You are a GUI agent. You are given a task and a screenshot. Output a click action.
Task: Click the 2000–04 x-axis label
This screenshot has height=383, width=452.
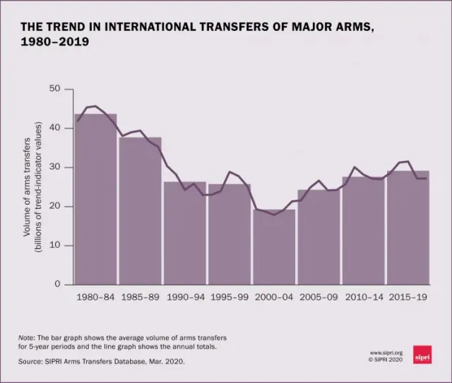click(x=274, y=298)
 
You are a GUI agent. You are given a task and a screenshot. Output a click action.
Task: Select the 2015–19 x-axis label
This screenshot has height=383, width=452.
click(x=408, y=298)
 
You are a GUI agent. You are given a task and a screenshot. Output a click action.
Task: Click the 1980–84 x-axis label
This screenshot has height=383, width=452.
click(x=95, y=298)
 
